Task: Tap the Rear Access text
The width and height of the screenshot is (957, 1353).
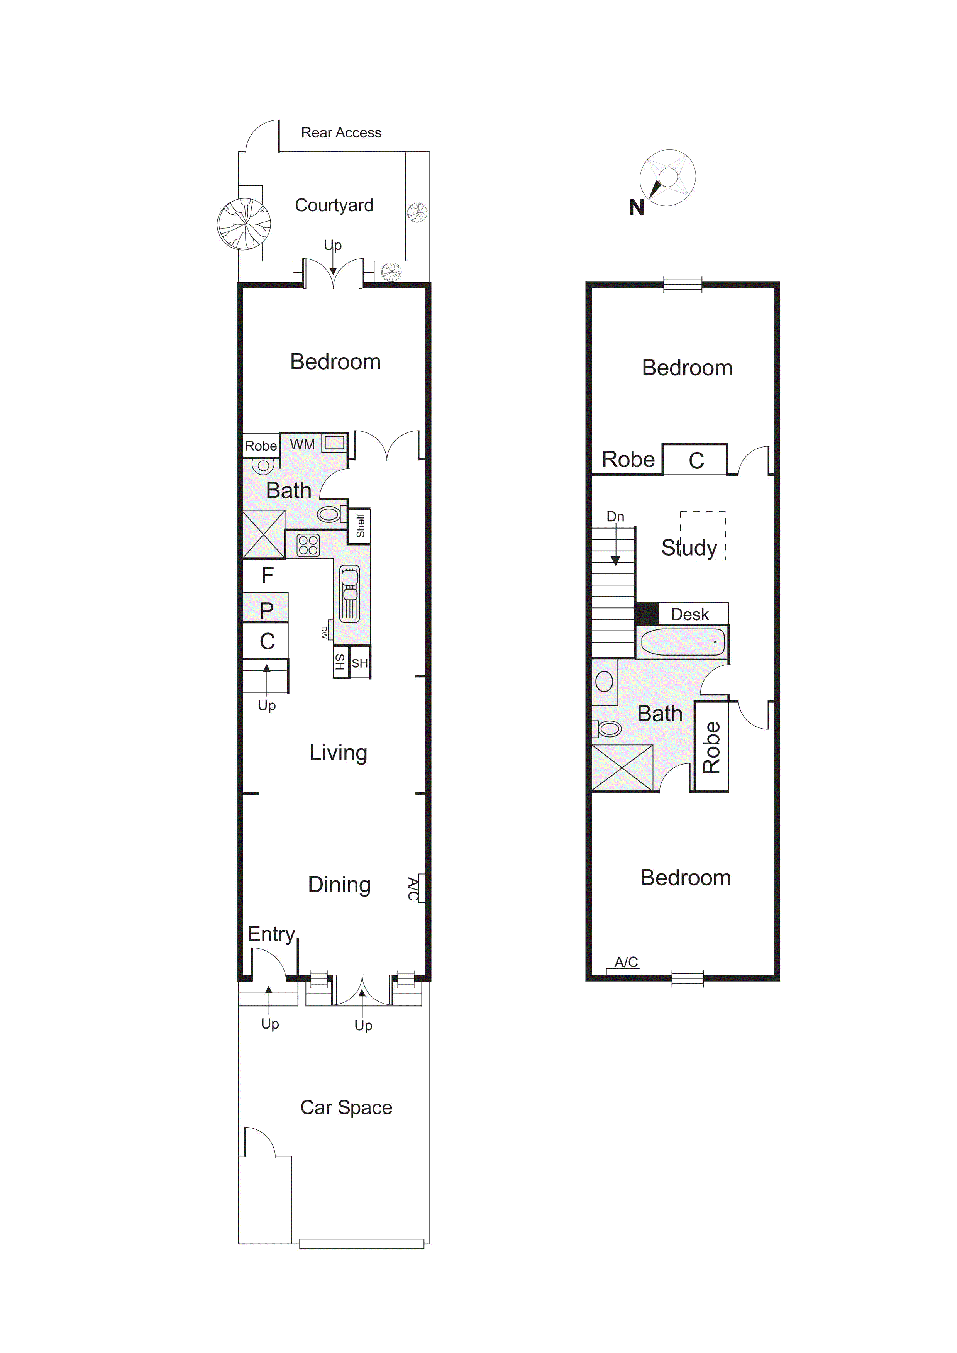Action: pyautogui.click(x=341, y=132)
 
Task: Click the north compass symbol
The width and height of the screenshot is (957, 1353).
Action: pyautogui.click(x=667, y=178)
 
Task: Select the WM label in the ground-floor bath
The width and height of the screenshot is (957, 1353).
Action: pyautogui.click(x=302, y=444)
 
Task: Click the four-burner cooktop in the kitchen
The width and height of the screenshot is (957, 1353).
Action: pyautogui.click(x=308, y=545)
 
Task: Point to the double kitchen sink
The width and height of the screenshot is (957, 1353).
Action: pyautogui.click(x=350, y=593)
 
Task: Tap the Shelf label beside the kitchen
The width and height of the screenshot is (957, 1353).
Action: pyautogui.click(x=360, y=525)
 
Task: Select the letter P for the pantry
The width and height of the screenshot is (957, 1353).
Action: pyautogui.click(x=266, y=610)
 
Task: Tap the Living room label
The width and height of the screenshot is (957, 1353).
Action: pyautogui.click(x=338, y=753)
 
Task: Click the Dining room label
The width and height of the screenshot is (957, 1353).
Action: pyautogui.click(x=339, y=885)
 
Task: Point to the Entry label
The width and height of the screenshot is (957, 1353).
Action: pyautogui.click(x=271, y=934)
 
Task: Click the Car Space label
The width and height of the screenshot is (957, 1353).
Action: pyautogui.click(x=347, y=1108)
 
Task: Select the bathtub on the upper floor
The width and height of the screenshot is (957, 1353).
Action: pyautogui.click(x=683, y=642)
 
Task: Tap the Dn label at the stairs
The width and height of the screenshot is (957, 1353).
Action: pyautogui.click(x=615, y=517)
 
